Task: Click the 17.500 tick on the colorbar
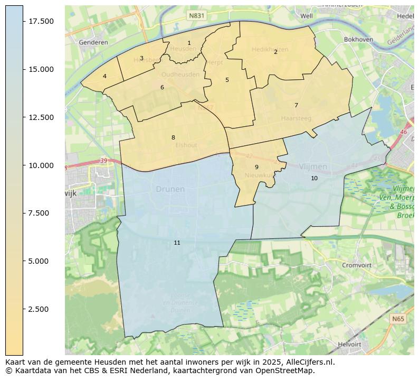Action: pyautogui.click(x=41, y=21)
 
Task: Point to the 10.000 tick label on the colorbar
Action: pyautogui.click(x=41, y=165)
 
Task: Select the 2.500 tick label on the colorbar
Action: pyautogui.click(x=41, y=309)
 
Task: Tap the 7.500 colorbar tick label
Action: pyautogui.click(x=41, y=213)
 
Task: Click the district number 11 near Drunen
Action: pyautogui.click(x=177, y=243)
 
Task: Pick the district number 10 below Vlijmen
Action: pyautogui.click(x=314, y=178)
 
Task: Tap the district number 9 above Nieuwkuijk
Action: pyautogui.click(x=256, y=167)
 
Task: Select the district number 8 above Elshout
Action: pyautogui.click(x=173, y=137)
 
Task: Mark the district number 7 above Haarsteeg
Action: pyautogui.click(x=296, y=105)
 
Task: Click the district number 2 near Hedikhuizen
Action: pyautogui.click(x=275, y=52)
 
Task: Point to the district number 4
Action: pyautogui.click(x=104, y=76)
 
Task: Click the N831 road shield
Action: pyautogui.click(x=196, y=16)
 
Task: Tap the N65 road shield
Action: pyautogui.click(x=398, y=319)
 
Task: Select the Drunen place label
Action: pyautogui.click(x=170, y=189)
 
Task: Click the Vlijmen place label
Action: pyautogui.click(x=313, y=166)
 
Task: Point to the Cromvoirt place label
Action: pyautogui.click(x=357, y=265)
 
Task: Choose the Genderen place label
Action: pyautogui.click(x=93, y=42)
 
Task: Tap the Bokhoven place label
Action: pyautogui.click(x=358, y=40)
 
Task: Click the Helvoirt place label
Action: pyautogui.click(x=349, y=344)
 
